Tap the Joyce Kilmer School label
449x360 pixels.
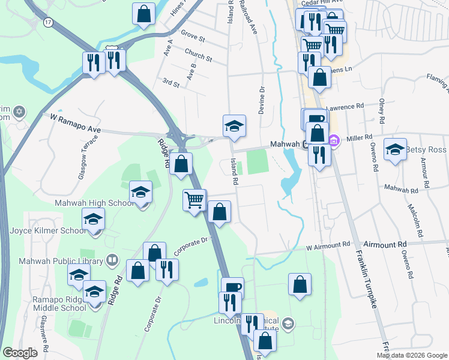48,230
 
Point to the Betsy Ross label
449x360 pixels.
427,149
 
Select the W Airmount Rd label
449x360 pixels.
328,245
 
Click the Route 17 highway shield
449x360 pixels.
48,22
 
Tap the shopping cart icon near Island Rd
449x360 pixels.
194,200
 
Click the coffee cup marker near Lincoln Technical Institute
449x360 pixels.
232,287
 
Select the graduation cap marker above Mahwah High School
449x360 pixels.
140,192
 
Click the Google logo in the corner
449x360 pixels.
20,353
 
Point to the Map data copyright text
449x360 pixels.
411,355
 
